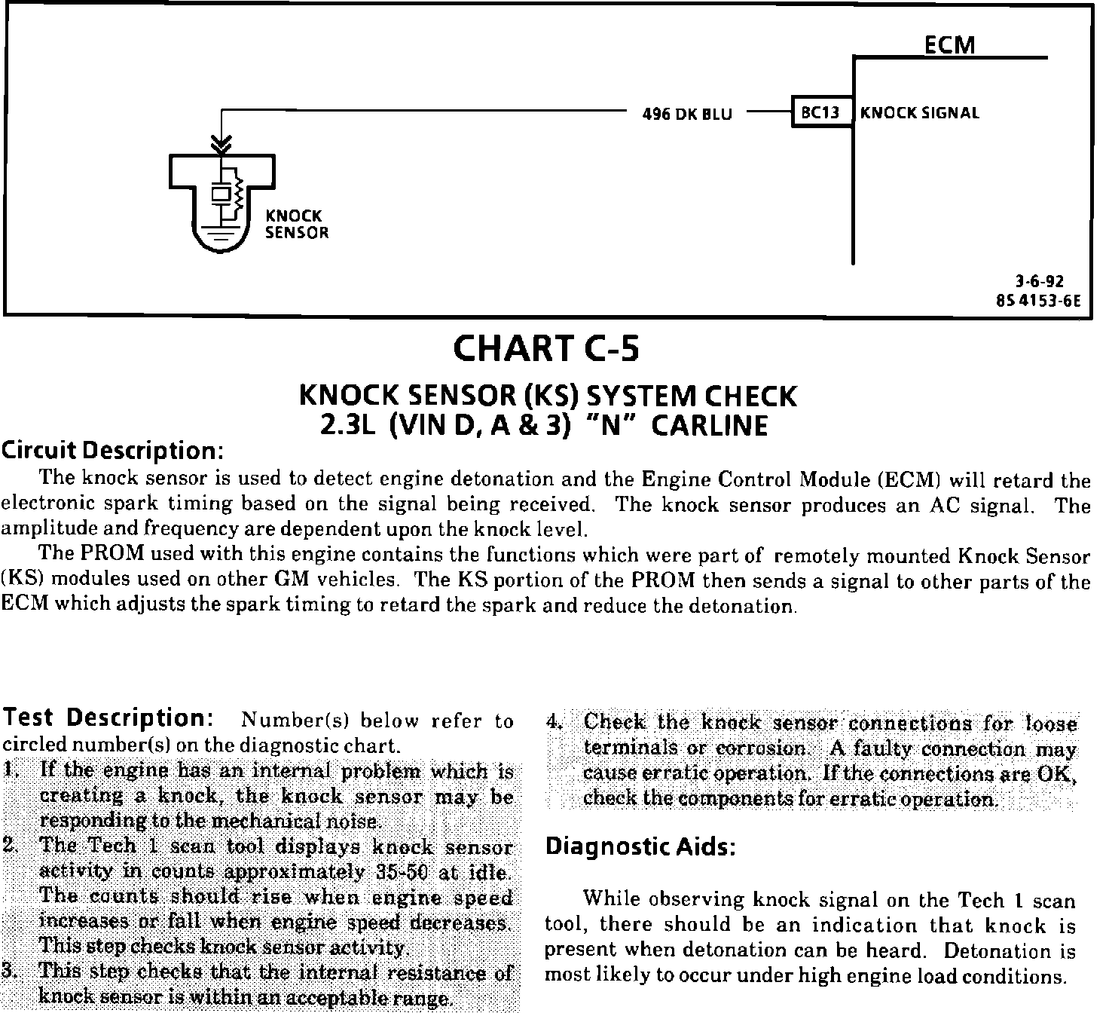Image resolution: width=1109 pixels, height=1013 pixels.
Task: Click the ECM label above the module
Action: click(949, 44)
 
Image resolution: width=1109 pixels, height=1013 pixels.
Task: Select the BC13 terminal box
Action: click(821, 113)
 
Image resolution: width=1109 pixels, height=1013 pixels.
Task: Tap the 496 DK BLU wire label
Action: click(686, 115)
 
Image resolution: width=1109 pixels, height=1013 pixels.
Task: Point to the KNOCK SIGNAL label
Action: click(920, 113)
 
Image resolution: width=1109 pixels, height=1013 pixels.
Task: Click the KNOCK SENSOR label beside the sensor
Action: click(296, 224)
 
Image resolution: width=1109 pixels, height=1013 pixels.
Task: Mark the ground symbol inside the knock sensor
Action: click(221, 230)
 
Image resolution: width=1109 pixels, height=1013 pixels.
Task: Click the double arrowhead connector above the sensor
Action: click(221, 142)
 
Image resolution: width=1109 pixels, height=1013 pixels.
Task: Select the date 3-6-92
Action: click(1039, 282)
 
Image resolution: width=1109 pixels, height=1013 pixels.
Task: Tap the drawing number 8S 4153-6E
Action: click(1037, 300)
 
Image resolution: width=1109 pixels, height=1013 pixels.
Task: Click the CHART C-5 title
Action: click(546, 348)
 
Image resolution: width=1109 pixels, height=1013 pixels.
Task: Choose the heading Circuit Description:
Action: click(112, 451)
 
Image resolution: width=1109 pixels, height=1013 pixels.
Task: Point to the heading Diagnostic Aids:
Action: click(639, 846)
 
